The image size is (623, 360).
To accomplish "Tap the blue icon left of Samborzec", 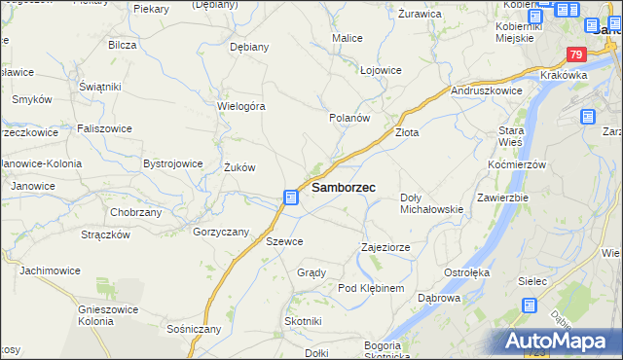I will (291, 198).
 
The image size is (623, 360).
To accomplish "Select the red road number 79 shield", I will (577, 55).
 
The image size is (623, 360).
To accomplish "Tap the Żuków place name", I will (238, 167).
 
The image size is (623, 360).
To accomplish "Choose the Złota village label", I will (406, 132).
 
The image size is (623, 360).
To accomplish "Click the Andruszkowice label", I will (488, 90).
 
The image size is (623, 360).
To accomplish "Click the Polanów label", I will (349, 117).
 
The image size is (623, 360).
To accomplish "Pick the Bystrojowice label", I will (172, 163).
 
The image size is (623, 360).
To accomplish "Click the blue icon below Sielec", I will (530, 306).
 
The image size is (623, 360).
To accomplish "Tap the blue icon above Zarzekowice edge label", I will (587, 117).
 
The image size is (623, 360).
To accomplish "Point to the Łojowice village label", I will (381, 70).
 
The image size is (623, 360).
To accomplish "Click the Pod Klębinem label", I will (370, 289).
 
